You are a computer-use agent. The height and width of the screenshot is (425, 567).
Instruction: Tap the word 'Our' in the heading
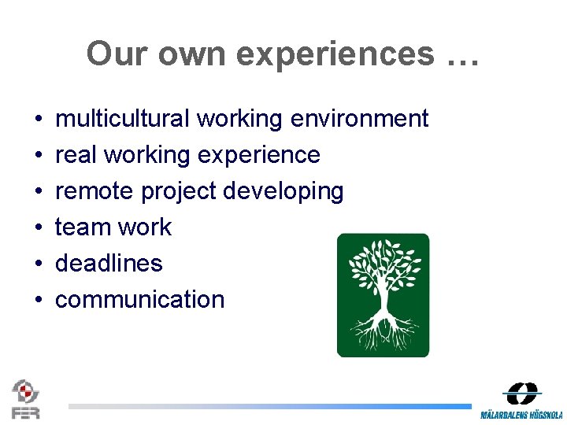pyautogui.click(x=118, y=54)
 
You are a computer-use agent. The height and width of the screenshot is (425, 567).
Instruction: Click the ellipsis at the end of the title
pyautogui.click(x=461, y=54)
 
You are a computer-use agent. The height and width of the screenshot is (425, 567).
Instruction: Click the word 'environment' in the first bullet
pyautogui.click(x=359, y=119)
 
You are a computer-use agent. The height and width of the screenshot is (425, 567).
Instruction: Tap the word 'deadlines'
pyautogui.click(x=109, y=264)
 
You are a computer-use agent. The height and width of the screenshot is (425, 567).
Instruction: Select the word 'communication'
pyautogui.click(x=139, y=300)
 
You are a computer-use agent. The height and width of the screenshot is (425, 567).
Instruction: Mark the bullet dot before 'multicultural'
pyautogui.click(x=38, y=120)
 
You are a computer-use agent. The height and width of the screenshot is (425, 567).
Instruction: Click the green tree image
pyautogui.click(x=383, y=295)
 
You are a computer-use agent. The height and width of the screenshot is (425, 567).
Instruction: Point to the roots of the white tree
pyautogui.click(x=384, y=330)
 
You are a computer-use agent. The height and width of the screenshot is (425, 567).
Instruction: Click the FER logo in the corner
pyautogui.click(x=25, y=399)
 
